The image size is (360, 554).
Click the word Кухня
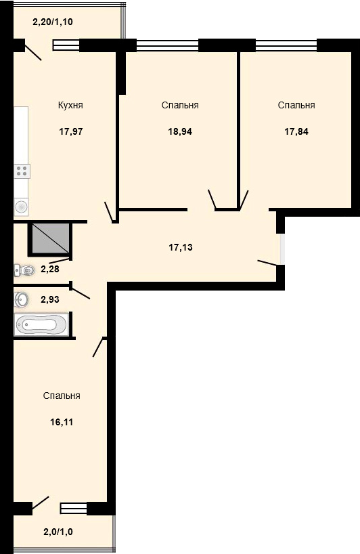coord(70,105)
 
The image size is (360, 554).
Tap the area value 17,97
coord(71,132)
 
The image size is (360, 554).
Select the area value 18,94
coord(180,132)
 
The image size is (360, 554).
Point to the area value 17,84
coord(296,132)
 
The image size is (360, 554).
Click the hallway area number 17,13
coord(181,247)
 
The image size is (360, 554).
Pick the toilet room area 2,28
coord(50,270)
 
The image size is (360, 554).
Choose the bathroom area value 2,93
coord(50,299)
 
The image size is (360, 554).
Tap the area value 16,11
coord(62,422)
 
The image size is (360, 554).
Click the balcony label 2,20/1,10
coord(53,22)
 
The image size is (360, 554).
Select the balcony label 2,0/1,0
coord(58,532)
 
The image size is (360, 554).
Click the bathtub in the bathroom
coord(41,324)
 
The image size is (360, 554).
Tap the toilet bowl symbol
coord(25,271)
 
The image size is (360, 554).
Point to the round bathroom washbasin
coord(21,300)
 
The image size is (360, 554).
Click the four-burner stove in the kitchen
coord(22,171)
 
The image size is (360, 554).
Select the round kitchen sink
coord(21,207)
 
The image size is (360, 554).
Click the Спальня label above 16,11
coord(62,396)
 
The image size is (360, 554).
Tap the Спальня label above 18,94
coord(180,105)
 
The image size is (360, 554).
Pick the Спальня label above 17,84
coord(296,105)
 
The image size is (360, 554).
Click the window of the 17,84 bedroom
coord(286,45)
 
